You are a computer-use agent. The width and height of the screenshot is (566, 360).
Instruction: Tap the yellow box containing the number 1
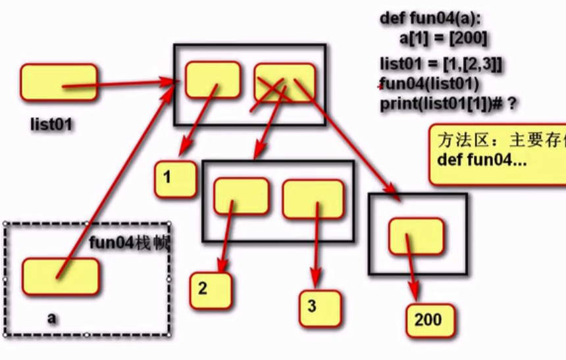[x=175, y=178]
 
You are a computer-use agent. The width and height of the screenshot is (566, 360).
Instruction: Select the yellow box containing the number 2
[x=211, y=290]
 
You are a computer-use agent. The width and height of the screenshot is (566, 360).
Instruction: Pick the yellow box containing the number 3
[x=319, y=307]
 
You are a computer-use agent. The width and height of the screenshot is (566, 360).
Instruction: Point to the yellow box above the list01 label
[x=58, y=82]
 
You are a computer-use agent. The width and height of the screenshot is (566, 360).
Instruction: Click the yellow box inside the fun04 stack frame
[x=61, y=276]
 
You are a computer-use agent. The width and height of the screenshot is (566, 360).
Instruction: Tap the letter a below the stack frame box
[x=51, y=318]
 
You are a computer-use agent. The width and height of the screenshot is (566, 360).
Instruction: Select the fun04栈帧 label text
[x=130, y=244]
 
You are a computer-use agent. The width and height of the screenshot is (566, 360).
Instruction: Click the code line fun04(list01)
[x=428, y=85]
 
